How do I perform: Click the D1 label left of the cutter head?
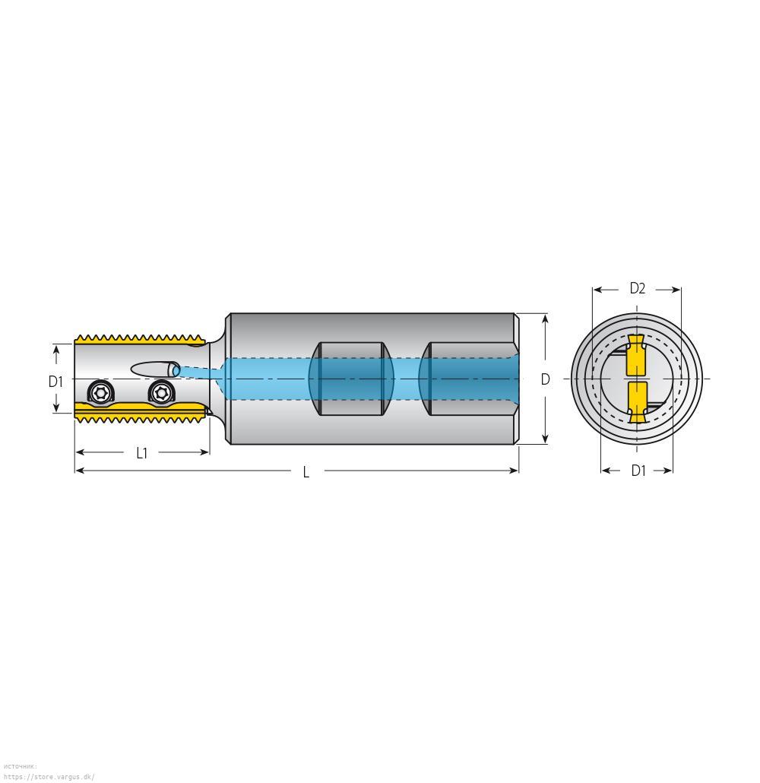pos(55,382)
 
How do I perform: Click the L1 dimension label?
pos(142,453)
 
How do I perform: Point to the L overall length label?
pos(306,472)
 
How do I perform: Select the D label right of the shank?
pos(545,379)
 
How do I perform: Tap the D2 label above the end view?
pos(637,288)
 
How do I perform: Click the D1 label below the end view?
pos(638,471)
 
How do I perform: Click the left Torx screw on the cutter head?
pos(102,391)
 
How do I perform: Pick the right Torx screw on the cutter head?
pos(161,392)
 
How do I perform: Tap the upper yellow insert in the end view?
pos(636,354)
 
